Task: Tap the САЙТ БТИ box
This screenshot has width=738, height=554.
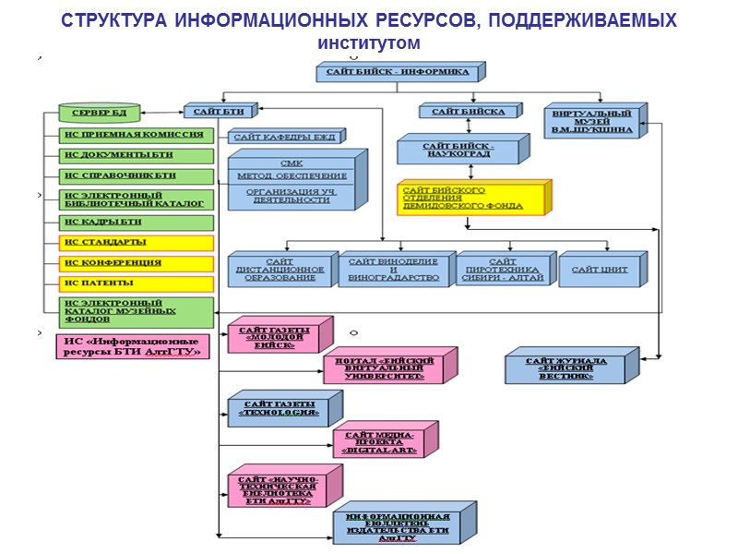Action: point(219,112)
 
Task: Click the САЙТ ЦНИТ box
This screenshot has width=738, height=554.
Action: point(599,269)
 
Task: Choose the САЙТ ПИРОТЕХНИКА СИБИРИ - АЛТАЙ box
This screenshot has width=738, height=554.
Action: point(503,270)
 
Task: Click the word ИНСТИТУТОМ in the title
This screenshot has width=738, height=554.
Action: point(369,43)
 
